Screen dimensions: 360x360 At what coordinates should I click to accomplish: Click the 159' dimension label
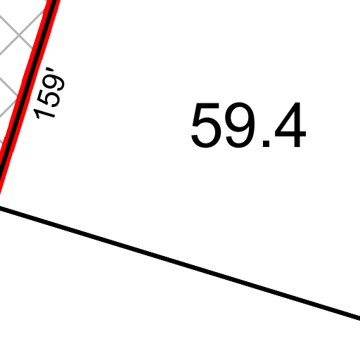click(49, 93)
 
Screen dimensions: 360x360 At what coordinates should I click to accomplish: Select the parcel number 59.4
click(249, 125)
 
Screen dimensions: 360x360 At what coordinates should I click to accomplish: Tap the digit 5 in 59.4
click(206, 125)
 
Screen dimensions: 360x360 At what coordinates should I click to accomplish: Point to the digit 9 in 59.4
click(240, 125)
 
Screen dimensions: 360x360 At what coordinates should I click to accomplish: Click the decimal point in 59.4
click(266, 143)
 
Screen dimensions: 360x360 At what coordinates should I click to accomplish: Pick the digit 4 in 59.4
click(290, 124)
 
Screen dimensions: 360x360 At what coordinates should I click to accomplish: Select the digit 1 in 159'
click(44, 113)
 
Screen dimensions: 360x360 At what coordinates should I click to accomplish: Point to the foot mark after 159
click(50, 70)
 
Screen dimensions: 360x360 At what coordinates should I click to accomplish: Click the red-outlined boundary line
click(27, 97)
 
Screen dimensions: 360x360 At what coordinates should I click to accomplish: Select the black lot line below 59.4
click(180, 263)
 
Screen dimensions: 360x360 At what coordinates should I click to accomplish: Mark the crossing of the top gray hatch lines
click(19, 35)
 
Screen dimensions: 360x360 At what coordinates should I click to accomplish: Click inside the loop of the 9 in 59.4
click(240, 117)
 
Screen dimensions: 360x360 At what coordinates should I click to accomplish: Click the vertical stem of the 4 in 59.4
click(297, 124)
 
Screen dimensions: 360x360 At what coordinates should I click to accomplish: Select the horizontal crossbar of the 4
click(290, 134)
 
